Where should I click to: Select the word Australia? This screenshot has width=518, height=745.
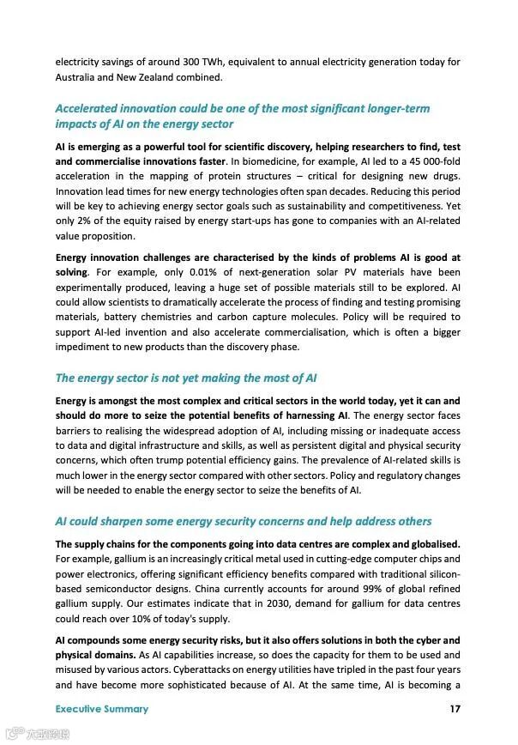(x=77, y=77)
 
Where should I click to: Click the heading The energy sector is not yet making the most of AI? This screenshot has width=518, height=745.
(x=187, y=378)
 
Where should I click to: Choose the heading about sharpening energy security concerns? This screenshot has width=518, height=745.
(x=244, y=521)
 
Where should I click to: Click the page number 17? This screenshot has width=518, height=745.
(x=455, y=709)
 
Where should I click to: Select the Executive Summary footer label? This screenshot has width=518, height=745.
(x=102, y=709)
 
